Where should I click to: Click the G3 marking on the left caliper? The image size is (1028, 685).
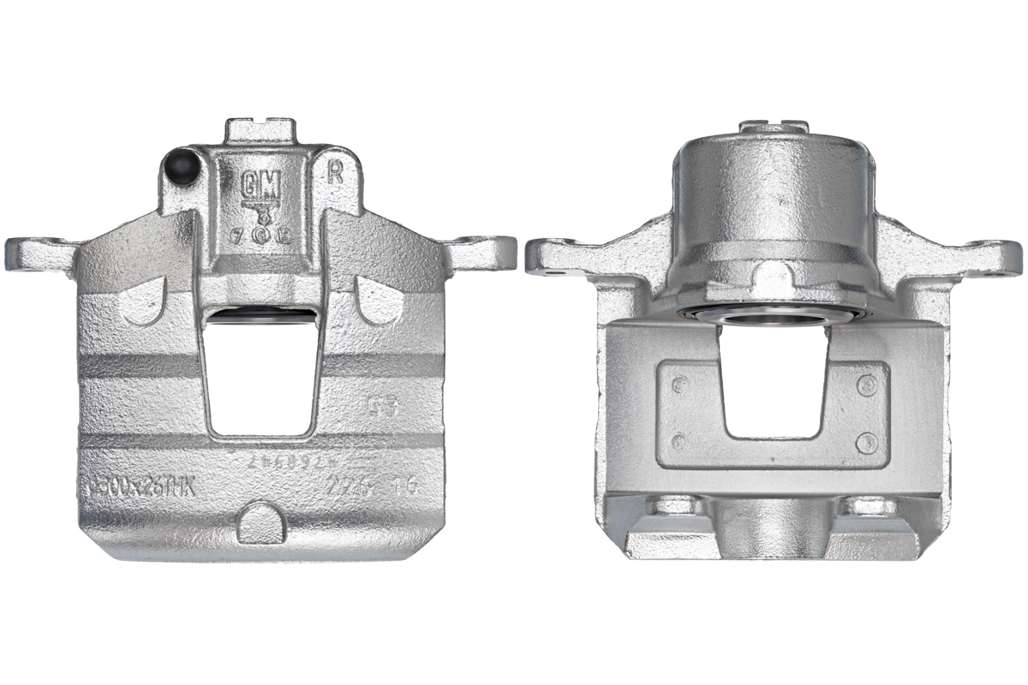[381, 405]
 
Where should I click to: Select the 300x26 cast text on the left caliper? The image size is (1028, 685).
[141, 488]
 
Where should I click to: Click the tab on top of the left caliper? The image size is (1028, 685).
[260, 131]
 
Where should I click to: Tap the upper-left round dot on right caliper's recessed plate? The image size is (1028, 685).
[679, 384]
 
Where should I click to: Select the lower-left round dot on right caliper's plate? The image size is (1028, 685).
[679, 443]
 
